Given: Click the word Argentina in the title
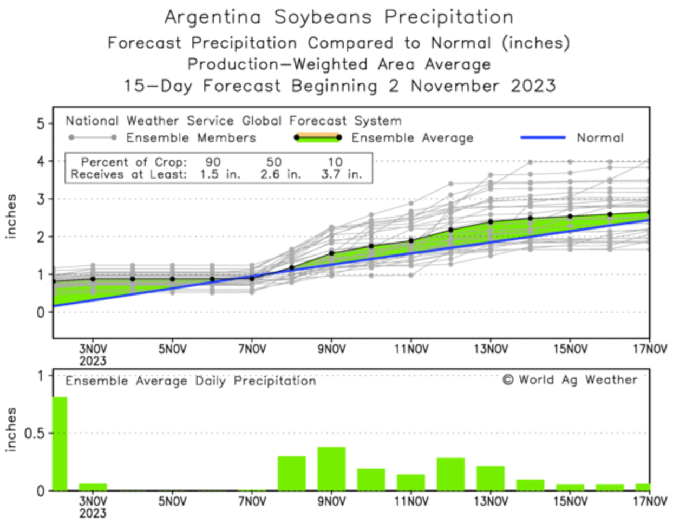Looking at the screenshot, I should (213, 17).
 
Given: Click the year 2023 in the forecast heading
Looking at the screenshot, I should (533, 86).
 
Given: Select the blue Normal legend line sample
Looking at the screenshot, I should (543, 138).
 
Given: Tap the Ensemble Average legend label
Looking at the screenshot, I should (412, 138).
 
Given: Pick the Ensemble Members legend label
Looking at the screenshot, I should (191, 138).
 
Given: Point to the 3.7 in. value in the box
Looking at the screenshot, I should (341, 174).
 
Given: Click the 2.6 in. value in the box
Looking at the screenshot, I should (280, 174).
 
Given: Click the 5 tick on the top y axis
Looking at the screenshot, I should (41, 124).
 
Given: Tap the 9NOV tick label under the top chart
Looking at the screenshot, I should (331, 350).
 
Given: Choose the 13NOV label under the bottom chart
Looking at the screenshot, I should (491, 502).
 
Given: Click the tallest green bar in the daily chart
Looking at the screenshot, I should (60, 444).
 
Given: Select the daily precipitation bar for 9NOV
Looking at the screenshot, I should (331, 469).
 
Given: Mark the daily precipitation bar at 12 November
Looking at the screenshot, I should (450, 474).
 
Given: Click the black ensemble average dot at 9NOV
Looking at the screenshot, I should (331, 253).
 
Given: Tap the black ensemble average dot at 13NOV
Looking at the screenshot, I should (491, 222).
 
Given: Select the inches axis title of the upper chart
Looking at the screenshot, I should (11, 217).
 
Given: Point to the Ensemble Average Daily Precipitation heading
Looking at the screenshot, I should (191, 381).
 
